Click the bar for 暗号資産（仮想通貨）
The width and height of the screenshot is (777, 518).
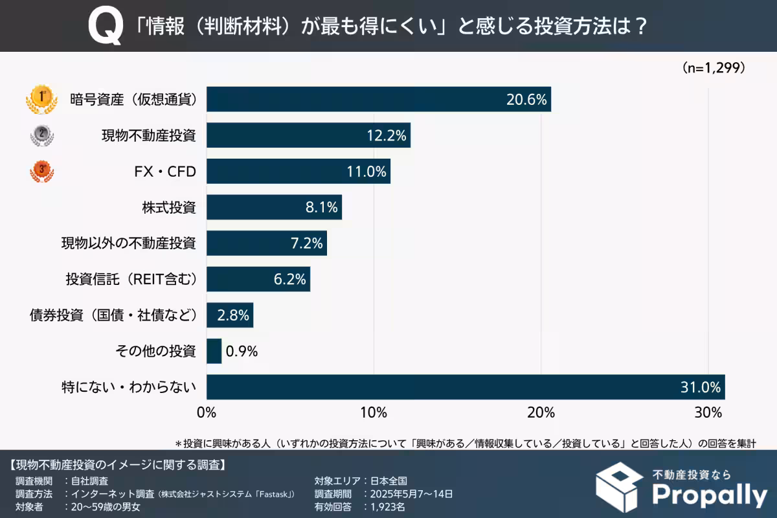pos(378,99)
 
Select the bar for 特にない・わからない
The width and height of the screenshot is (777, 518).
pos(465,387)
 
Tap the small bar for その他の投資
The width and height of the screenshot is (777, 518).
pos(214,351)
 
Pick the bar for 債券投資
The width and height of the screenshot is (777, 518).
pos(229,315)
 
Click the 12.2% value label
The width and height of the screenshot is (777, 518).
pos(387,136)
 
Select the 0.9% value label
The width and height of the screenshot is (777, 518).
pos(242,352)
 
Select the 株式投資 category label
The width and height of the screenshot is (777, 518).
pos(168,208)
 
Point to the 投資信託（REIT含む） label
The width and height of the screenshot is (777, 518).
pos(130,279)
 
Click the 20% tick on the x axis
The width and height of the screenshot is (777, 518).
pos(541,412)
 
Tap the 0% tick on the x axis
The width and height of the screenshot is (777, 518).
pos(207,412)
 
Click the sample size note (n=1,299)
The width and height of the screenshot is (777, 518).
pos(714,67)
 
